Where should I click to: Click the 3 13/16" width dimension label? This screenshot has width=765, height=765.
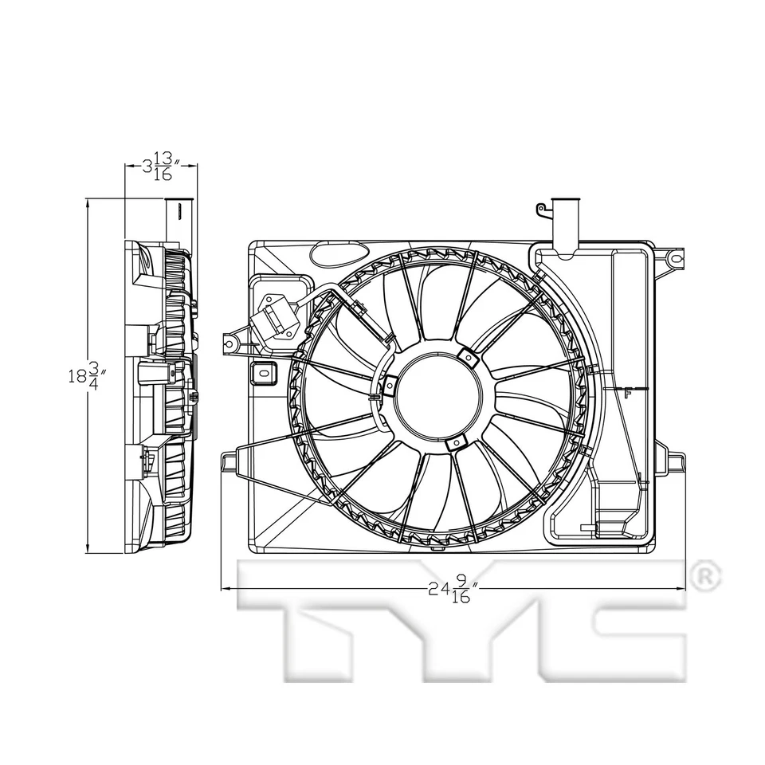161,167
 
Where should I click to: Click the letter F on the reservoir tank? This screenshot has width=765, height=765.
628,392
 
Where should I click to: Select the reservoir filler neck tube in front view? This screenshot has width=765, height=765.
565,224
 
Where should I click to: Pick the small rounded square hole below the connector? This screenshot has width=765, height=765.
263,371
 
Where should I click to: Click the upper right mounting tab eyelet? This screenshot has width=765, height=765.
675,257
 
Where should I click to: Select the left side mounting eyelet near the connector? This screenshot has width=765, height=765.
229,343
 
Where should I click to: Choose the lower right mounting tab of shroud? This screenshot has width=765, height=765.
674,462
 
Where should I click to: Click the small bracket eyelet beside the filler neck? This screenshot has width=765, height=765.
540,210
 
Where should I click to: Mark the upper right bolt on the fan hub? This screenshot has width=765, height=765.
470,359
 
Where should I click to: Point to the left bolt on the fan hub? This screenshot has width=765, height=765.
390,386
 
